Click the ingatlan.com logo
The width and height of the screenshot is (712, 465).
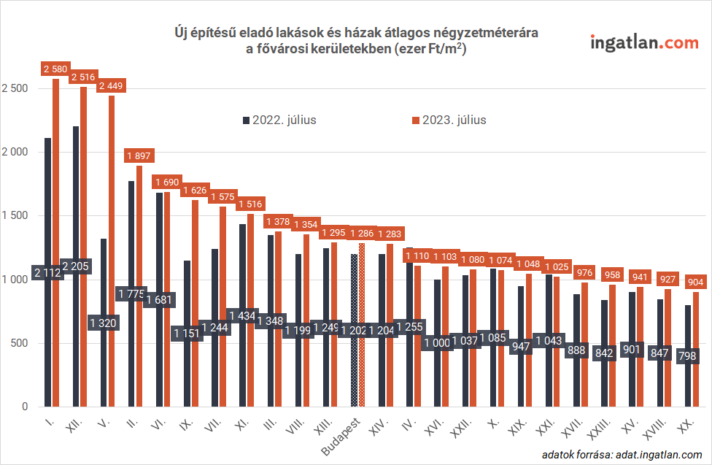(644, 42)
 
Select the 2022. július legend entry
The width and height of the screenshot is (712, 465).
(279, 120)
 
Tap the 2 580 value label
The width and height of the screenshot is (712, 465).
(55, 69)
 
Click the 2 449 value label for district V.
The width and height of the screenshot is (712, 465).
(111, 86)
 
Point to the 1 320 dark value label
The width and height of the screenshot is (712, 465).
(103, 323)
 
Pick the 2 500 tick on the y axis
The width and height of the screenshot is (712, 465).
(15, 88)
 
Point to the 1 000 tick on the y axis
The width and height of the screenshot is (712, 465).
(15, 280)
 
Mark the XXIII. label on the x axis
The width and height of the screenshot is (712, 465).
(600, 428)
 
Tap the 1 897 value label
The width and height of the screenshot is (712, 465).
(139, 156)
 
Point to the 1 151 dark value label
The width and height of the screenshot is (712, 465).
(187, 333)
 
